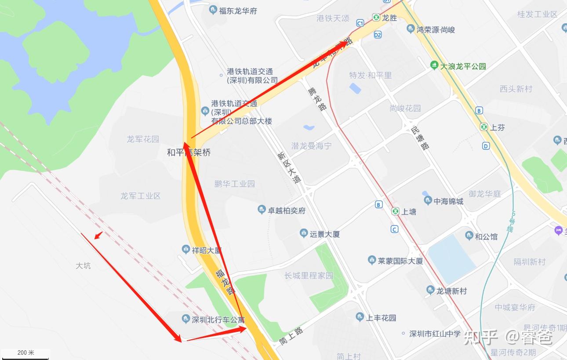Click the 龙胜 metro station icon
click(x=376, y=18)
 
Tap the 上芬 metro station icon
click(x=484, y=127)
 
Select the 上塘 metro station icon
click(x=396, y=211)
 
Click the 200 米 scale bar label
click(x=25, y=353)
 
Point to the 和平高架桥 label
click(x=189, y=153)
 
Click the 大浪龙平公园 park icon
click(x=434, y=66)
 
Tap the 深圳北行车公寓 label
click(x=218, y=320)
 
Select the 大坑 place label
click(x=83, y=265)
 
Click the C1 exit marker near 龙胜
click(x=360, y=23)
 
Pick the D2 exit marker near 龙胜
click(x=378, y=35)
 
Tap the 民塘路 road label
click(x=420, y=138)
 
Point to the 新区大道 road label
click(x=289, y=167)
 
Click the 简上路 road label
click(x=291, y=335)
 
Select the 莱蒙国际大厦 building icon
click(x=372, y=261)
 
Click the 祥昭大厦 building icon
click(x=186, y=250)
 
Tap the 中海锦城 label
click(x=448, y=201)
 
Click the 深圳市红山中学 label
click(x=435, y=334)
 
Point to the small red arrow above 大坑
click(x=98, y=236)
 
